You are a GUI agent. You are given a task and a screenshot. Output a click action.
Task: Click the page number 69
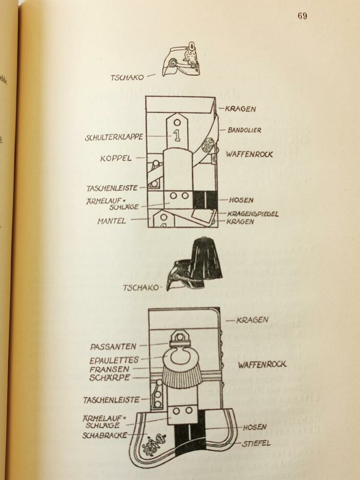click(302, 16)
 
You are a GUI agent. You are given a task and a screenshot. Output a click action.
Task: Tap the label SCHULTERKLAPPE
click(114, 137)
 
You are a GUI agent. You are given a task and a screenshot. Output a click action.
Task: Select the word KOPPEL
click(116, 157)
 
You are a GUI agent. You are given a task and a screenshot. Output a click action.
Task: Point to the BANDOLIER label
click(244, 130)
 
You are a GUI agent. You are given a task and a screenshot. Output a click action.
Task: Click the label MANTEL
click(112, 221)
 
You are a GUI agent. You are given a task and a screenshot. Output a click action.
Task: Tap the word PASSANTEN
click(113, 346)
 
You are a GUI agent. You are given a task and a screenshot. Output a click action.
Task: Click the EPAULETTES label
click(114, 360)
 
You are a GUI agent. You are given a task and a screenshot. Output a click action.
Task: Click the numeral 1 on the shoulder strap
click(177, 136)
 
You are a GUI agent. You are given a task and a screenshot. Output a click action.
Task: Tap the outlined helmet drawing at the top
click(181, 62)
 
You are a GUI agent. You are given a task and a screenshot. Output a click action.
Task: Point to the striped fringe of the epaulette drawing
click(181, 377)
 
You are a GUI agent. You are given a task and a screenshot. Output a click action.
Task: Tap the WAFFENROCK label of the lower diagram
click(262, 365)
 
